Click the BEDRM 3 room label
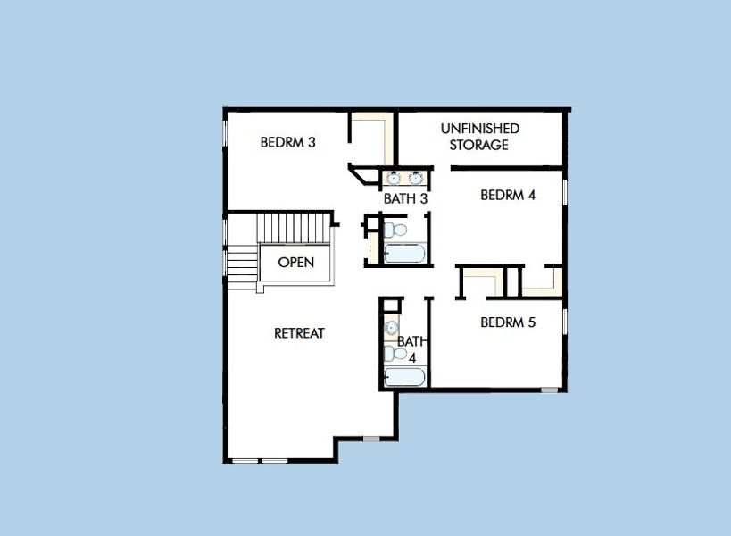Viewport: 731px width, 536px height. (287, 142)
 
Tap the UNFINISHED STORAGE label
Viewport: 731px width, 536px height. (479, 137)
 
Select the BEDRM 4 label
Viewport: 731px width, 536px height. (507, 196)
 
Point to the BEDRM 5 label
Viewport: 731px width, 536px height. (507, 322)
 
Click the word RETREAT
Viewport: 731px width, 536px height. (299, 333)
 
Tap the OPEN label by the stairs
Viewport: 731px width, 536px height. (295, 263)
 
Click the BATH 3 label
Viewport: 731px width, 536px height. (405, 198)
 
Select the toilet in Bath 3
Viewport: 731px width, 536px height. (398, 230)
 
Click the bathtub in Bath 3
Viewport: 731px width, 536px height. (404, 254)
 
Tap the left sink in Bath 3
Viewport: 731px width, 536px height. (395, 178)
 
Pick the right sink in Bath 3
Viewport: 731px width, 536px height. (416, 178)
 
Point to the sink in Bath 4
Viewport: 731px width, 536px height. (390, 328)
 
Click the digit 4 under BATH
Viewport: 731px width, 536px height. (411, 356)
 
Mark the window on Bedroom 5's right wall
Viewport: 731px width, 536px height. (565, 322)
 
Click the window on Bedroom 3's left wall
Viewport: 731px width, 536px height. (224, 134)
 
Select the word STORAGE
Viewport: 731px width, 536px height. (479, 145)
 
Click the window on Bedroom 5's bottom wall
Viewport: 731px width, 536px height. (550, 389)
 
